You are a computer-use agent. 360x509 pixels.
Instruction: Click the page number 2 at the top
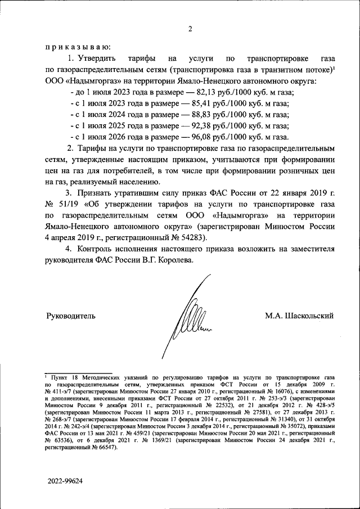[x=190, y=30]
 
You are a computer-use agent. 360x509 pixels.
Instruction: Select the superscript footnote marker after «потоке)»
[x=334, y=67]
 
